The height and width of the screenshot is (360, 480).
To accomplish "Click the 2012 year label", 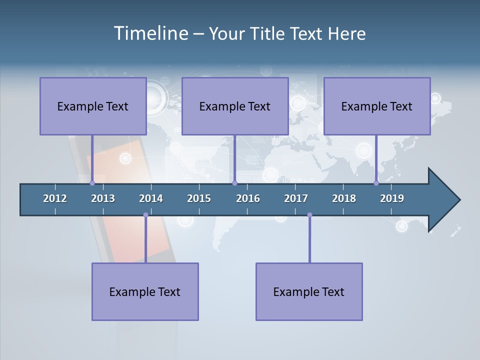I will (x=55, y=198).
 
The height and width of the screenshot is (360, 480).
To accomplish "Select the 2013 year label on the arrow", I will (x=103, y=198).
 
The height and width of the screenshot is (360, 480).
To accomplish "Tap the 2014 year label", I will (x=151, y=198).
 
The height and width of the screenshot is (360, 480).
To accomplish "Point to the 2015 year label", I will (x=199, y=198).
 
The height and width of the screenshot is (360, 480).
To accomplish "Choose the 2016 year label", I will (x=248, y=198).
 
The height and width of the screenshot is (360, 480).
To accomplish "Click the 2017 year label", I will (x=296, y=198).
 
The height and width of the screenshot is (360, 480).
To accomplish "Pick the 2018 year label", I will (x=344, y=198).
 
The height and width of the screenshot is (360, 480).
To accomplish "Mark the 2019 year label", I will (x=392, y=198).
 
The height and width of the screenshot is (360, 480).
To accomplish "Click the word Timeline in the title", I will (x=150, y=33).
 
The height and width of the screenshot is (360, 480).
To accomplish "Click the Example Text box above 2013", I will (x=93, y=106).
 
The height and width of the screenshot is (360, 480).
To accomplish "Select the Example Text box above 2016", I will (x=235, y=106).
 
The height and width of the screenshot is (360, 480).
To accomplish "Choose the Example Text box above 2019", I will (x=377, y=106).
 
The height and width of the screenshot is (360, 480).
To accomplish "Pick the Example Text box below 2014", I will (x=145, y=291).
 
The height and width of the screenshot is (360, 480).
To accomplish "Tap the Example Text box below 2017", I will (x=309, y=291).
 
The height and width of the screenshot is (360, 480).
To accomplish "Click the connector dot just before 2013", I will (x=92, y=183).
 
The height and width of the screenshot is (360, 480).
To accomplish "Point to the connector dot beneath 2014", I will (x=145, y=215).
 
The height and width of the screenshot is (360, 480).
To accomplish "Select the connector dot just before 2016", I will (x=234, y=183).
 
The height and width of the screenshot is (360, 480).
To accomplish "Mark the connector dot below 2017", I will (x=309, y=215).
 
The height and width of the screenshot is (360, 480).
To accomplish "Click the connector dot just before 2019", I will (x=376, y=183).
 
